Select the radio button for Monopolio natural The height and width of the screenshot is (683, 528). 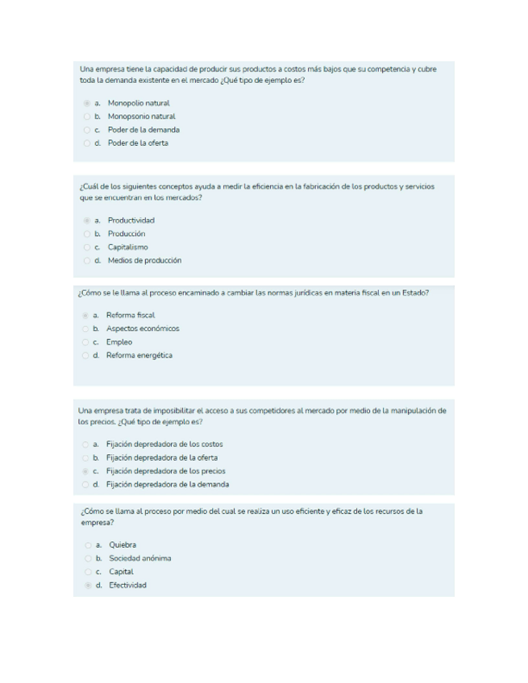pyautogui.click(x=86, y=103)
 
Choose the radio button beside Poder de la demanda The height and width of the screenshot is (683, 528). pyautogui.click(x=86, y=130)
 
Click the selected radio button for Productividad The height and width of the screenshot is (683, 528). pyautogui.click(x=86, y=221)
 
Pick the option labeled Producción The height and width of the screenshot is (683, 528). pyautogui.click(x=127, y=234)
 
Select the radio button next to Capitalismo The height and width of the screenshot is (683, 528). pyautogui.click(x=86, y=247)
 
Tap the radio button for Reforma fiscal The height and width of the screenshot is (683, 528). pyautogui.click(x=85, y=315)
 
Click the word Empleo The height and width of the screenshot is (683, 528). pyautogui.click(x=119, y=342)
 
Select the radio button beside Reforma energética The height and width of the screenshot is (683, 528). pyautogui.click(x=85, y=355)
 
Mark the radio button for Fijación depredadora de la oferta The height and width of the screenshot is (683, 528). pyautogui.click(x=85, y=457)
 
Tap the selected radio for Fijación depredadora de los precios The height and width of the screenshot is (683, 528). pyautogui.click(x=85, y=471)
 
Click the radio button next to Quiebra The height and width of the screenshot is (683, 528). pyautogui.click(x=87, y=544)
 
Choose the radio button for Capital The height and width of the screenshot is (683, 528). pyautogui.click(x=87, y=572)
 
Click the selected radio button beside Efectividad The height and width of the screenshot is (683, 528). pyautogui.click(x=87, y=586)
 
